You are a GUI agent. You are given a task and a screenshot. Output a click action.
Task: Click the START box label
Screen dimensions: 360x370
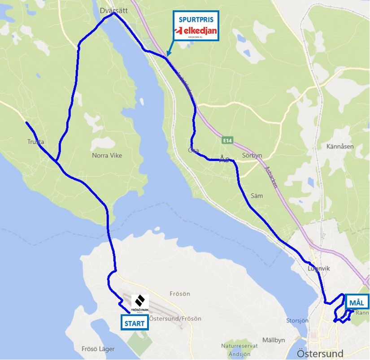click(x=135, y=323)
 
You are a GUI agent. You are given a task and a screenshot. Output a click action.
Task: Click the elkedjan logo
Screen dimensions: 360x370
click(x=196, y=31)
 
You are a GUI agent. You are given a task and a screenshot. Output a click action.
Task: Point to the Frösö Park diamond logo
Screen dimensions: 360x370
click(x=139, y=301)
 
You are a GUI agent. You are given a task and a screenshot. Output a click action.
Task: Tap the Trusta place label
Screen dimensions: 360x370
click(x=35, y=142)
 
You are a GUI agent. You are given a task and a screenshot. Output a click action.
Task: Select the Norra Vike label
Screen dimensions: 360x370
click(x=107, y=156)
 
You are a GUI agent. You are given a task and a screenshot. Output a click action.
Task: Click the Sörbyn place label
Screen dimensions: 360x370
click(x=252, y=156)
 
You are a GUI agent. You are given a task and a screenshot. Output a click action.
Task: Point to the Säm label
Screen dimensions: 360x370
click(x=257, y=196)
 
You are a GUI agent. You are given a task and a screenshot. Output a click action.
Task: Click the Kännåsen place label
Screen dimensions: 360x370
click(x=340, y=147)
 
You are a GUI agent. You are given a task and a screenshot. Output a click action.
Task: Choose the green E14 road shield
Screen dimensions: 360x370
click(x=227, y=141)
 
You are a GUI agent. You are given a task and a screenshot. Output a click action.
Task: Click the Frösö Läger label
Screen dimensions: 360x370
click(x=98, y=349)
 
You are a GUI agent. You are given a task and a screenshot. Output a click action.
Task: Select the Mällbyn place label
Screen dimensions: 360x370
click(x=274, y=340)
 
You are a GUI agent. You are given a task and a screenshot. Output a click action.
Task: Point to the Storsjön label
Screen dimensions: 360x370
click(x=297, y=321)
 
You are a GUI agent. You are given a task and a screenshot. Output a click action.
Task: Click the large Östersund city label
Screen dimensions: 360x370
click(x=320, y=352)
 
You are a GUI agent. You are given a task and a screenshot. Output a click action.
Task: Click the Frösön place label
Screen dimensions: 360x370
click(x=180, y=294)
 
